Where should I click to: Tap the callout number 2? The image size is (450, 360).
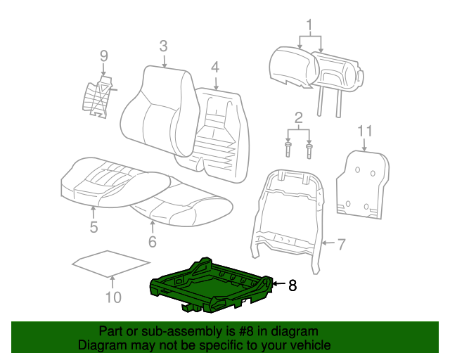(x=299, y=117)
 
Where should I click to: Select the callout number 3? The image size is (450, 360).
(x=163, y=46)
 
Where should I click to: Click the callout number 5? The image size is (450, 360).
(x=94, y=226)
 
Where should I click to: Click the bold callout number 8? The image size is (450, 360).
(x=292, y=285)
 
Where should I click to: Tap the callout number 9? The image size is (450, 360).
(x=103, y=56)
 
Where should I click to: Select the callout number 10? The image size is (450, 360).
(x=113, y=297)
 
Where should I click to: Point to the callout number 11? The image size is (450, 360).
(x=364, y=130)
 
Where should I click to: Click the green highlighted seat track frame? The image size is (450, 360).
(x=211, y=285)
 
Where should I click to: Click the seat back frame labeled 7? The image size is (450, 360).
(x=288, y=211)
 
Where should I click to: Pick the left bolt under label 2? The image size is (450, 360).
(x=288, y=149)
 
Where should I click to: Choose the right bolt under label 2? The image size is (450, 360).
(x=310, y=149)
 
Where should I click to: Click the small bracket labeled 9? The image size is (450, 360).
(x=97, y=96)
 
